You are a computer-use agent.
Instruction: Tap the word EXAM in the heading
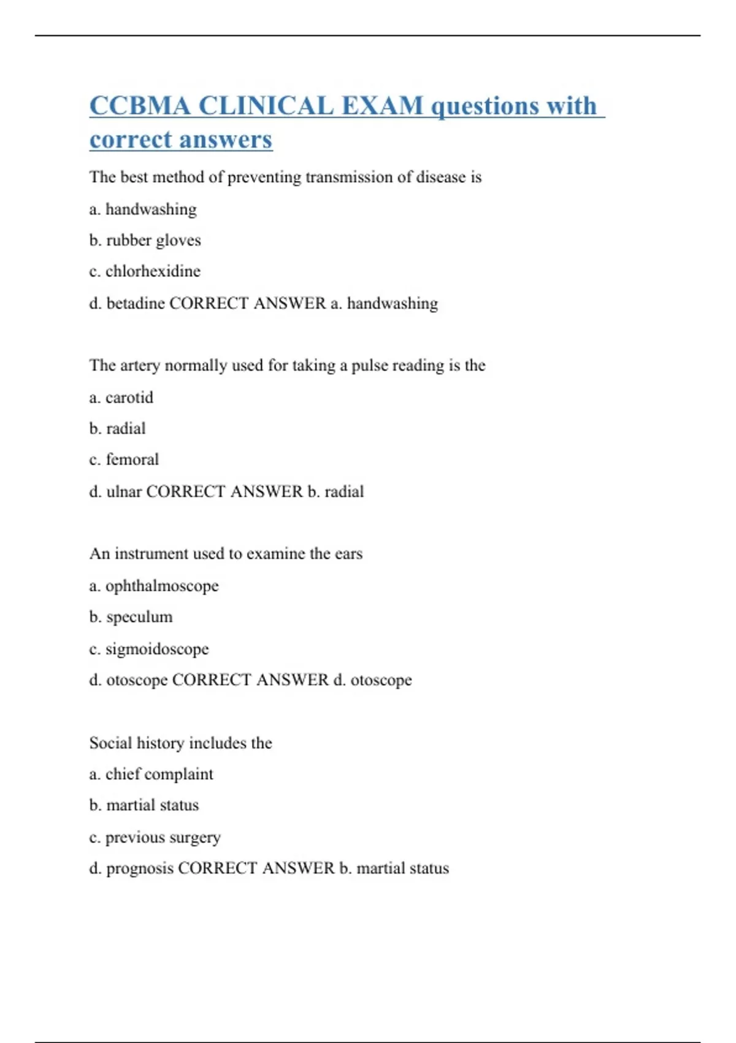tap(381, 106)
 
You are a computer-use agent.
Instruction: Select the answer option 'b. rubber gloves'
tap(145, 240)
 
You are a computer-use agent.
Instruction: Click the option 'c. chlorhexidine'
tap(145, 271)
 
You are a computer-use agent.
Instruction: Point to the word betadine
tap(135, 303)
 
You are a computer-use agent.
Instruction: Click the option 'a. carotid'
tap(121, 398)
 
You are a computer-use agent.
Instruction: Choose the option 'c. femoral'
tap(124, 460)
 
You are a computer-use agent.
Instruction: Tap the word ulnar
tap(124, 491)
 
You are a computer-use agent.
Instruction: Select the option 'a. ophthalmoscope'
tap(153, 586)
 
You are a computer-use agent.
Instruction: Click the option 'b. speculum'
tap(131, 617)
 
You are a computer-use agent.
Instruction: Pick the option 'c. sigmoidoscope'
tap(148, 649)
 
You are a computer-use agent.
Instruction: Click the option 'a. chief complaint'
tap(151, 774)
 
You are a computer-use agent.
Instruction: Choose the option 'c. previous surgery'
tap(155, 837)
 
